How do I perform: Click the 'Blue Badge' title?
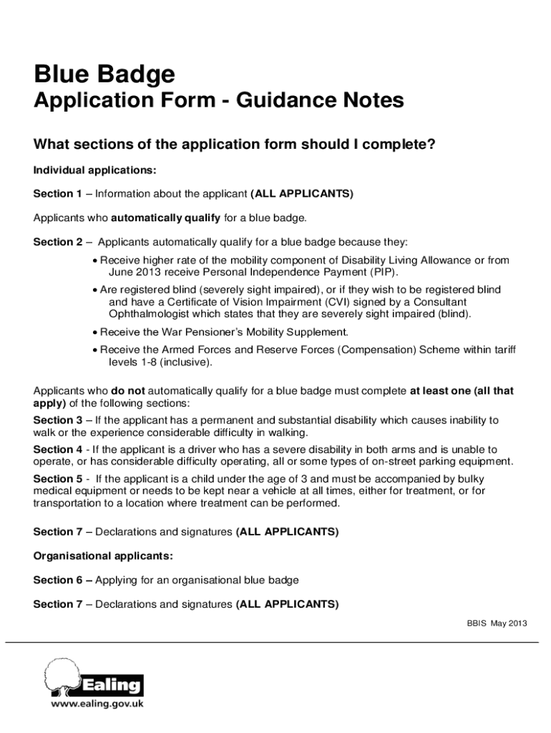click(104, 74)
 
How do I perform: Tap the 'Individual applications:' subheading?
click(94, 170)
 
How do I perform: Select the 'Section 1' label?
click(58, 194)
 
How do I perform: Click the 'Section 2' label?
click(58, 242)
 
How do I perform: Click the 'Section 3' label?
click(58, 420)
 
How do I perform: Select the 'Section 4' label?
click(58, 450)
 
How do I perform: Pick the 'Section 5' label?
click(58, 478)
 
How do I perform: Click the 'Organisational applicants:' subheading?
click(103, 556)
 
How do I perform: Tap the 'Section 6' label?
click(58, 580)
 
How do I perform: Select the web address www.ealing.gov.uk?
click(97, 704)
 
